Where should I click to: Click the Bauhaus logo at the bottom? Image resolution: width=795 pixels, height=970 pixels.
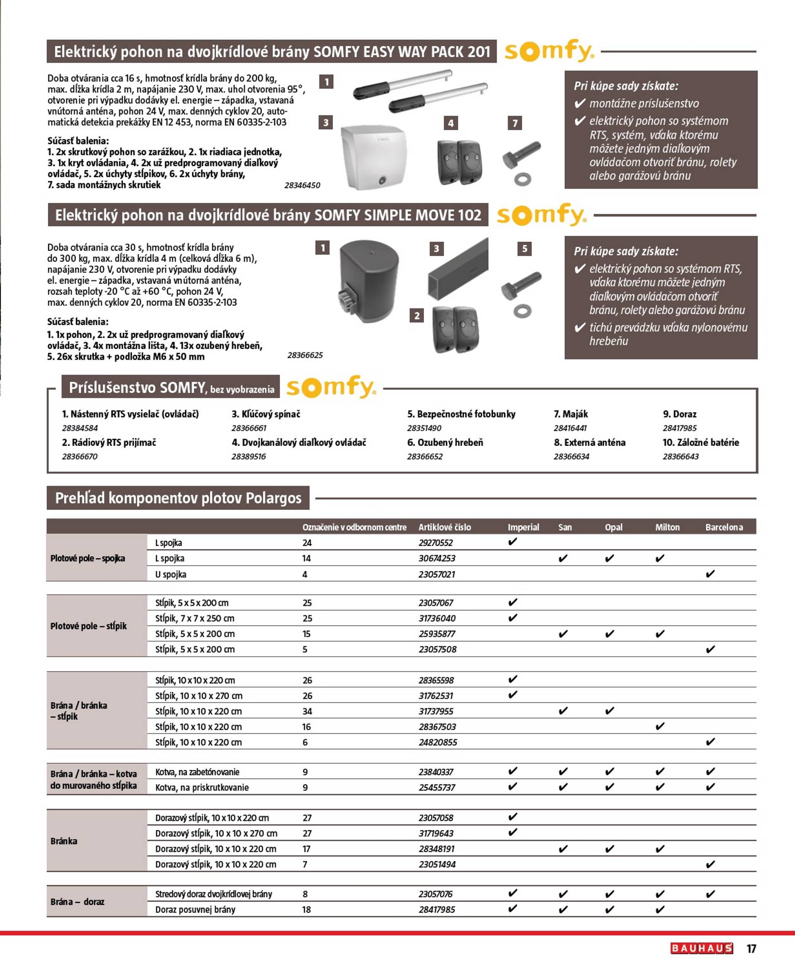[x=701, y=948]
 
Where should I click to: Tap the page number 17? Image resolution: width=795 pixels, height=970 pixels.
[x=751, y=949]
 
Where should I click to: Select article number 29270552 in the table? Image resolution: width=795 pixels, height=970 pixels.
[x=435, y=543]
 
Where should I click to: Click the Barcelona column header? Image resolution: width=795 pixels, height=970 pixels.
[x=724, y=527]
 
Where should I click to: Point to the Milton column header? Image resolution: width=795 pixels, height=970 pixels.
[x=667, y=527]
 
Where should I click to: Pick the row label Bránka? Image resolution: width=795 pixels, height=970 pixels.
[x=64, y=841]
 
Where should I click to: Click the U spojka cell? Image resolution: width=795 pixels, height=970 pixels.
[x=171, y=574]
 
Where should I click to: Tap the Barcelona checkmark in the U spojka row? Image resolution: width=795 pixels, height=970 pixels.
[x=710, y=574]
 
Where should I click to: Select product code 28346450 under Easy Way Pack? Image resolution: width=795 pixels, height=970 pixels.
[x=302, y=186]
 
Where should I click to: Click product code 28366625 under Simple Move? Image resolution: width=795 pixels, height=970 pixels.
[x=305, y=355]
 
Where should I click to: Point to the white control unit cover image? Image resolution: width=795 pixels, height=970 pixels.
[x=373, y=157]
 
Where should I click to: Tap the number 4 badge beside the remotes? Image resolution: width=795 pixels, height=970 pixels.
[x=450, y=123]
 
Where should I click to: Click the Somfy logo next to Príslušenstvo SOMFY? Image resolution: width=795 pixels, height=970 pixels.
[x=331, y=387]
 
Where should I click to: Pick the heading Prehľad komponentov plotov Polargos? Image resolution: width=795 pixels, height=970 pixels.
[x=178, y=498]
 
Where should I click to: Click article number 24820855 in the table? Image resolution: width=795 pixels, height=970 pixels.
[x=438, y=742]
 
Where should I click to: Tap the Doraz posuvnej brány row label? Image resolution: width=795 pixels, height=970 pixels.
[x=195, y=910]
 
